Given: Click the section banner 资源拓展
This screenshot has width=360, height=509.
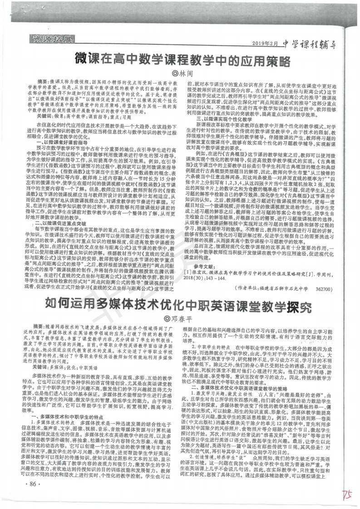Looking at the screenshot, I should (50, 40).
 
